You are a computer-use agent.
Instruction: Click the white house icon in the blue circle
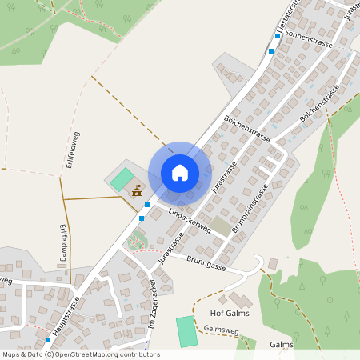tap(179, 173)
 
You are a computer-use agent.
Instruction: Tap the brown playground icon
tap(137, 191)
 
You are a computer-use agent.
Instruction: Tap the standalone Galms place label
tap(282, 345)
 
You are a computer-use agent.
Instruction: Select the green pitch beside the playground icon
tap(122, 179)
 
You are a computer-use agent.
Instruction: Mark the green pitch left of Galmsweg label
tap(186, 331)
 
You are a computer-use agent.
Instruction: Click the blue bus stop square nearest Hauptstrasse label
tap(48, 340)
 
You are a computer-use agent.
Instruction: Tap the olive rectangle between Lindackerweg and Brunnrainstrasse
tap(219, 226)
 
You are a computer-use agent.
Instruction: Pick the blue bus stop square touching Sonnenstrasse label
tap(272, 50)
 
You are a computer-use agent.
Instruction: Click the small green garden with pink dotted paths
tap(138, 238)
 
